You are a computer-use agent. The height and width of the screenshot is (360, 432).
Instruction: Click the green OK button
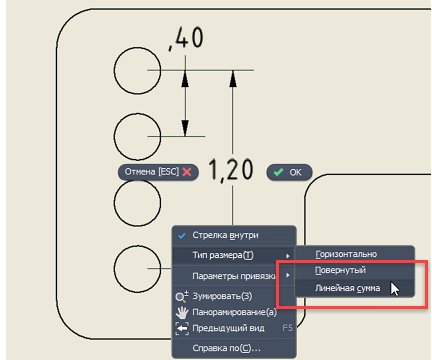point(289,172)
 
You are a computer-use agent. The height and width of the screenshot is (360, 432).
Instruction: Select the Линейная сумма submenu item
point(347,288)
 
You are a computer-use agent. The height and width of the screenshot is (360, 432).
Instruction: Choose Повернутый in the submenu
point(340,270)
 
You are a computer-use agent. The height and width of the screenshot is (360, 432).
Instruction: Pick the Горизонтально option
point(346,254)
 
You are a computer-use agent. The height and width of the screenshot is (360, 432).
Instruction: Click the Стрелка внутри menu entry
point(225,235)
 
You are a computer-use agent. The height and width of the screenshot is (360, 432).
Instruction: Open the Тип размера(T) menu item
point(223,255)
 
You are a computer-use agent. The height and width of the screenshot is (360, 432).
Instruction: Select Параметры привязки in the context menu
point(234,276)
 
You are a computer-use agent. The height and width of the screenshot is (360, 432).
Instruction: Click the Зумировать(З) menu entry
point(222,296)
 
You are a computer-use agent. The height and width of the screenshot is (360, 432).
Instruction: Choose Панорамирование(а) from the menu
point(234,312)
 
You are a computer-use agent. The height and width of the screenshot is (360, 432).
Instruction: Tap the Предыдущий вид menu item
point(228,328)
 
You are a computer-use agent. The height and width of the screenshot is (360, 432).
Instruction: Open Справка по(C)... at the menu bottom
point(227,348)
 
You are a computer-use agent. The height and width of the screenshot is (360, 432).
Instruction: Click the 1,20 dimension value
point(231,170)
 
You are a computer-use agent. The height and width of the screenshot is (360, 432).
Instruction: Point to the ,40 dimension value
point(186,38)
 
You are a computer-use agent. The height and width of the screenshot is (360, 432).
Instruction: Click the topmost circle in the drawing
point(114,71)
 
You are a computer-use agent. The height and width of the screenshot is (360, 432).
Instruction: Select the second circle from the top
point(114,137)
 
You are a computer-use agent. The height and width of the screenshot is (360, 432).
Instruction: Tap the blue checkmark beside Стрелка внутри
point(182,236)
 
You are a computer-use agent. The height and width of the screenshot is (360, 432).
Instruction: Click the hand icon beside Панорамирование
point(182,312)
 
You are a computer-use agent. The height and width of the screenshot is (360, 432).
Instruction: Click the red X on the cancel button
point(187,172)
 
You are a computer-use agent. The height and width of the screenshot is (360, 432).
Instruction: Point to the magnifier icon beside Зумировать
point(182,296)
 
